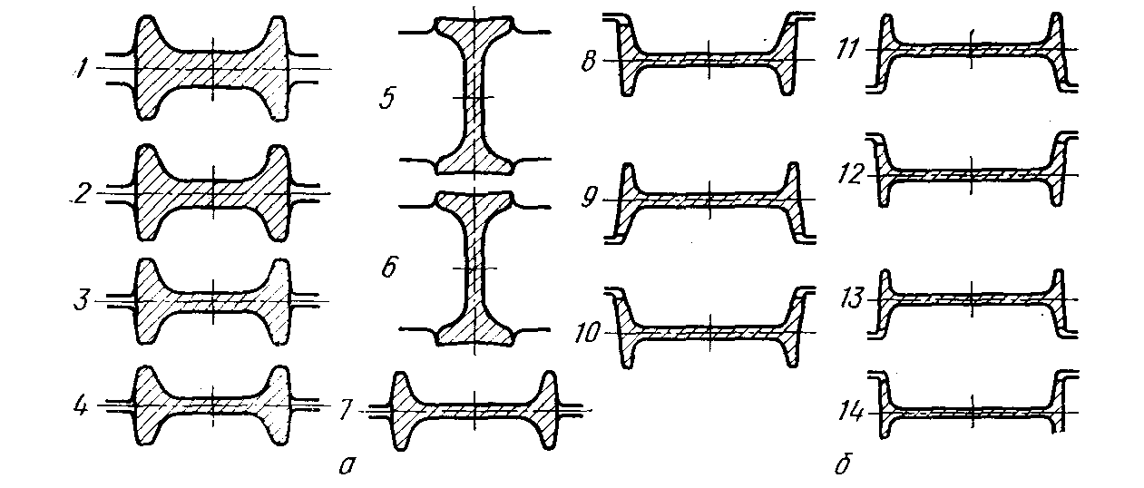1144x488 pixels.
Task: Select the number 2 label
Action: click(x=83, y=192)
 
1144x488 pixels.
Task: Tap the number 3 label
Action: click(x=83, y=298)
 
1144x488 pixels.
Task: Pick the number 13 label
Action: click(x=850, y=298)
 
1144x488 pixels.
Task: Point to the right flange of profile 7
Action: click(x=547, y=410)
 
